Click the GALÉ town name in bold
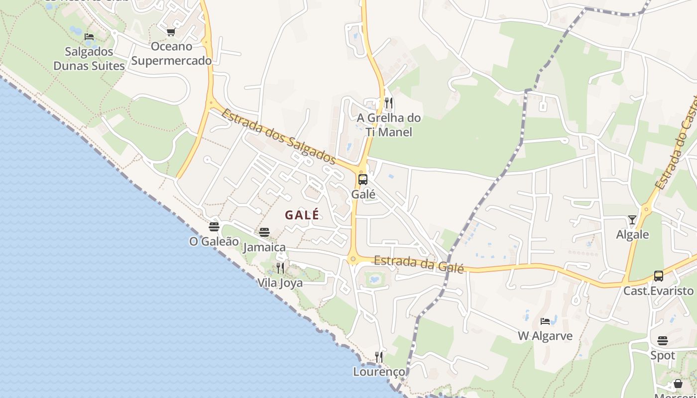[302, 215]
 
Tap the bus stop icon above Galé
[363, 180]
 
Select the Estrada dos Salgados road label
[278, 136]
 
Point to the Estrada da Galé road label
[419, 264]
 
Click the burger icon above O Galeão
[214, 227]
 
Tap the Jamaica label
[264, 247]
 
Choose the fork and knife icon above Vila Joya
[280, 268]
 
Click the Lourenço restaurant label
[379, 372]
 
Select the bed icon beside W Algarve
[546, 321]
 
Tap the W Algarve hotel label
[545, 336]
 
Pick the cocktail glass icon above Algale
[632, 219]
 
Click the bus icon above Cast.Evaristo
[659, 276]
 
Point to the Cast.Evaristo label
[659, 291]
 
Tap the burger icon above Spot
[663, 341]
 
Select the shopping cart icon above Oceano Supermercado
[171, 32]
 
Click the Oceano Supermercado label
[171, 54]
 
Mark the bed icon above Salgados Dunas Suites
[89, 37]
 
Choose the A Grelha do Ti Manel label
[389, 125]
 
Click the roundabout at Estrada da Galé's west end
[353, 259]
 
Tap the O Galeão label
[214, 241]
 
